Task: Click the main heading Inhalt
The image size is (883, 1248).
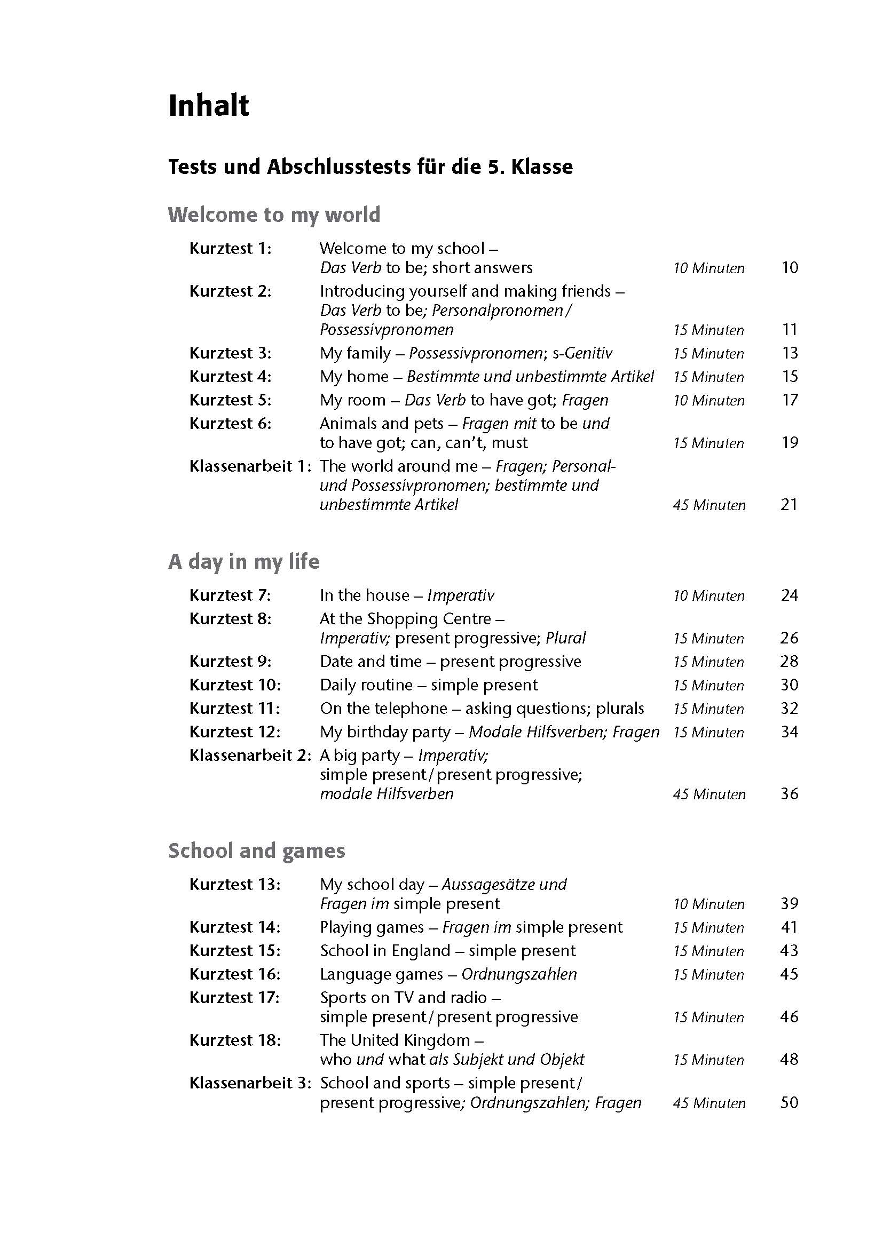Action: tap(208, 106)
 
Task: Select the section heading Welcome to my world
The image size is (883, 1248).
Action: tap(274, 214)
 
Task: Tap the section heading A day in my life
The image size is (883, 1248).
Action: tap(243, 561)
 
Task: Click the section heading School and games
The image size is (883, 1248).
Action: tap(256, 850)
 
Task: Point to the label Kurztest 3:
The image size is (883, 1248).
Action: tap(230, 353)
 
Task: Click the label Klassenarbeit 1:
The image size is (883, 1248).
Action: tap(250, 466)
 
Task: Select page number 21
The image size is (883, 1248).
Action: tap(789, 505)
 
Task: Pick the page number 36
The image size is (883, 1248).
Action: tap(789, 794)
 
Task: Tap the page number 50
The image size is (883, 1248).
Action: tap(789, 1103)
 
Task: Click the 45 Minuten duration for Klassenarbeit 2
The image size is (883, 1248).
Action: tap(709, 794)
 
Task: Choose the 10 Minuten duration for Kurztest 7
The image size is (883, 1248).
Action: tap(708, 597)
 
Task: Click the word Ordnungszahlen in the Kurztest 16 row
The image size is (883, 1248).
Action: tap(519, 974)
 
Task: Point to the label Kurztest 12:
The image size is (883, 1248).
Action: tap(235, 732)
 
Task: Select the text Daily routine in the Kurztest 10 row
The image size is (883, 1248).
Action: tap(366, 685)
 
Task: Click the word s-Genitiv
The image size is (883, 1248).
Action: tap(582, 353)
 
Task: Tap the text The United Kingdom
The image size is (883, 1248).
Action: tap(395, 1040)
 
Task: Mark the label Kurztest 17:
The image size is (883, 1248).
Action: tap(235, 998)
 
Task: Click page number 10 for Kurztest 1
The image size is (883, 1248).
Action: tap(789, 268)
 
